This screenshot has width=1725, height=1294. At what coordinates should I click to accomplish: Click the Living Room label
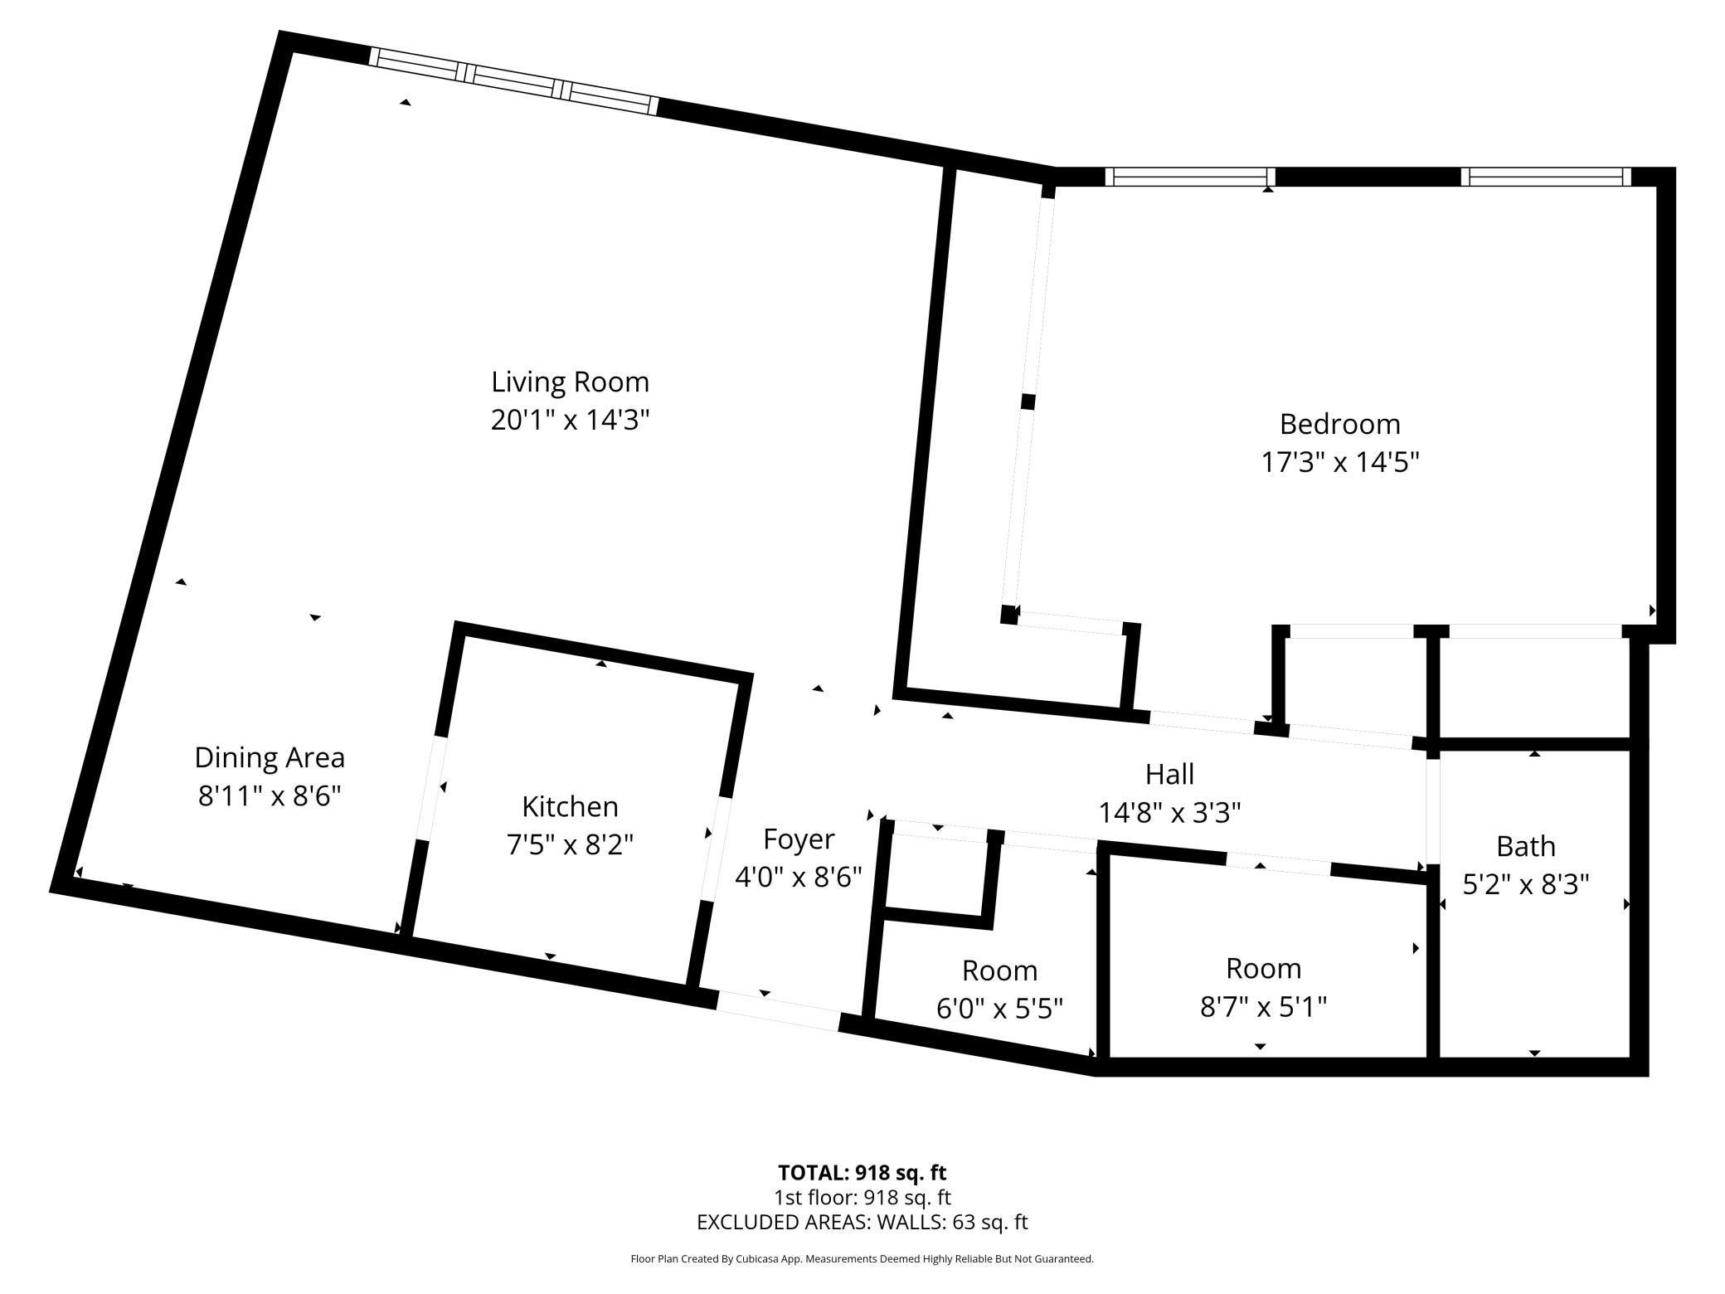click(570, 382)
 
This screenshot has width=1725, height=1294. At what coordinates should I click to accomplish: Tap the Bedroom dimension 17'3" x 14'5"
click(1339, 462)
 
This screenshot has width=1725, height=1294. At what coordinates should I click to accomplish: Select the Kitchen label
click(570, 806)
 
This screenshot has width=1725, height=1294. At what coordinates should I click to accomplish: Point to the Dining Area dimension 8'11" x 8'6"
click(270, 796)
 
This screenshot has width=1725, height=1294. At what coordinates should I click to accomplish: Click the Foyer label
click(798, 839)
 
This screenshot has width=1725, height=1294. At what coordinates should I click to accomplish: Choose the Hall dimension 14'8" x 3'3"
click(1169, 813)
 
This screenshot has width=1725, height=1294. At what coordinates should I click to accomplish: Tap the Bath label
click(1525, 846)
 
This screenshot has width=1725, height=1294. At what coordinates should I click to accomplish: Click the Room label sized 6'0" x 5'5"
click(999, 970)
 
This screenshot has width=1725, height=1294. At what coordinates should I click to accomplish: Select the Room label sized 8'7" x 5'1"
click(1263, 968)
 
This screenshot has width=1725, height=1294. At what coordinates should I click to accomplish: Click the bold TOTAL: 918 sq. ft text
click(862, 1173)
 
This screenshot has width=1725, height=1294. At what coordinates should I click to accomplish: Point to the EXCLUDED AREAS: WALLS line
click(862, 1222)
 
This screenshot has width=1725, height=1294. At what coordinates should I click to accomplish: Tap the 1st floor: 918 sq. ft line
click(862, 1198)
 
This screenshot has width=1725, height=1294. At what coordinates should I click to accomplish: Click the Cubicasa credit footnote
click(862, 1259)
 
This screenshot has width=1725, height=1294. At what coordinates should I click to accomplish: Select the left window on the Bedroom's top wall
click(1190, 177)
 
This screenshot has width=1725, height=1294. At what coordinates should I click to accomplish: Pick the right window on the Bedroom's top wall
click(1545, 177)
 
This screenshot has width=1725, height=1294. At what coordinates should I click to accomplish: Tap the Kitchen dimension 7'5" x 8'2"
click(570, 845)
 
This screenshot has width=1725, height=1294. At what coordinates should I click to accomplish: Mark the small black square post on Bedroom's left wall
click(1028, 401)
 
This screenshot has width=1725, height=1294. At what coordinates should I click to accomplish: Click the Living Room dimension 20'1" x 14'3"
click(570, 421)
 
